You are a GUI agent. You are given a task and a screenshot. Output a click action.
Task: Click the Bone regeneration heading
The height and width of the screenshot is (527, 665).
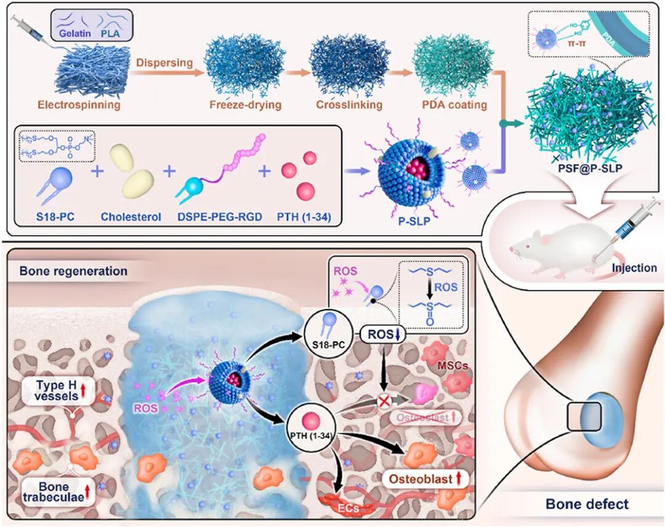[x=73, y=271]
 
